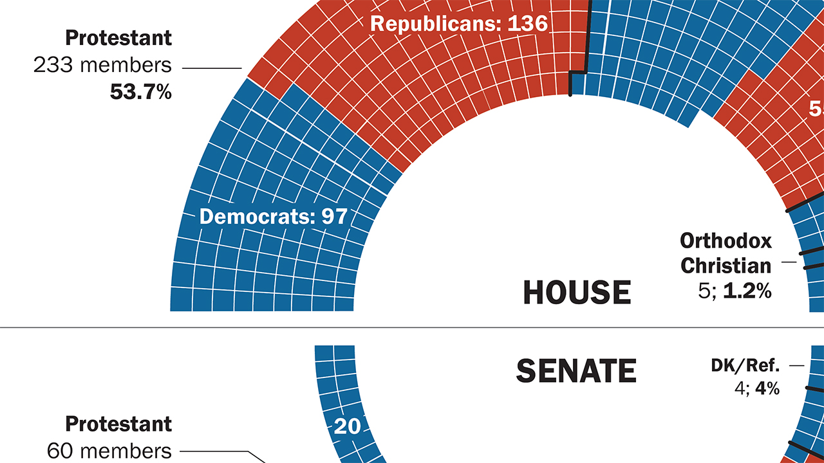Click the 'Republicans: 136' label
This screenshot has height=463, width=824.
click(x=459, y=24)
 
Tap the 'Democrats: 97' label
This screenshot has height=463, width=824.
click(x=274, y=217)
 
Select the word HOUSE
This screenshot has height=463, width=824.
click(x=577, y=293)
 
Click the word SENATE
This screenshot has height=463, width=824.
click(x=576, y=371)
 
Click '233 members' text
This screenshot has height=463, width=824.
click(x=103, y=65)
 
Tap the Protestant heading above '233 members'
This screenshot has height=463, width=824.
click(x=119, y=38)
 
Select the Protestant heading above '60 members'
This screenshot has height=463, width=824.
click(x=119, y=424)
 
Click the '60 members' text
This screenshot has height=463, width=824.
click(x=109, y=451)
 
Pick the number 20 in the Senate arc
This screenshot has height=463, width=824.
click(x=347, y=426)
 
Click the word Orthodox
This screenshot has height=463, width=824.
click(x=726, y=241)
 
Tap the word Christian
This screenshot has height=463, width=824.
click(x=726, y=265)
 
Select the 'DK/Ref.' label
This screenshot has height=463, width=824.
click(x=745, y=366)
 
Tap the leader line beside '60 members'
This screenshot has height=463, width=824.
click(x=219, y=451)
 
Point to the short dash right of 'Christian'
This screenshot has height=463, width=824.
click(x=789, y=262)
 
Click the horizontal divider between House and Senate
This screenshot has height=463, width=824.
click(x=412, y=328)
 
